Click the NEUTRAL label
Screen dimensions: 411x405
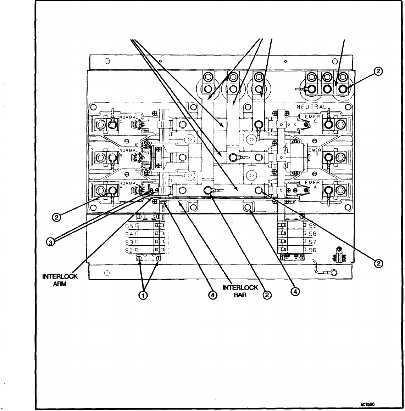click(312, 107)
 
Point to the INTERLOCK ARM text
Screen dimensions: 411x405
click(55, 280)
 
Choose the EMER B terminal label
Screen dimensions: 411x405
click(314, 151)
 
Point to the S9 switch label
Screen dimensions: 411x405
click(312, 226)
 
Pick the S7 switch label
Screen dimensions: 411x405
click(312, 242)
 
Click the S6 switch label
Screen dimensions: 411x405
click(312, 250)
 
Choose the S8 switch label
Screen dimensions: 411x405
click(312, 234)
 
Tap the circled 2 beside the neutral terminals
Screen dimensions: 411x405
click(378, 71)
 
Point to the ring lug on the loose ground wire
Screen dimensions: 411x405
click(332, 273)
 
